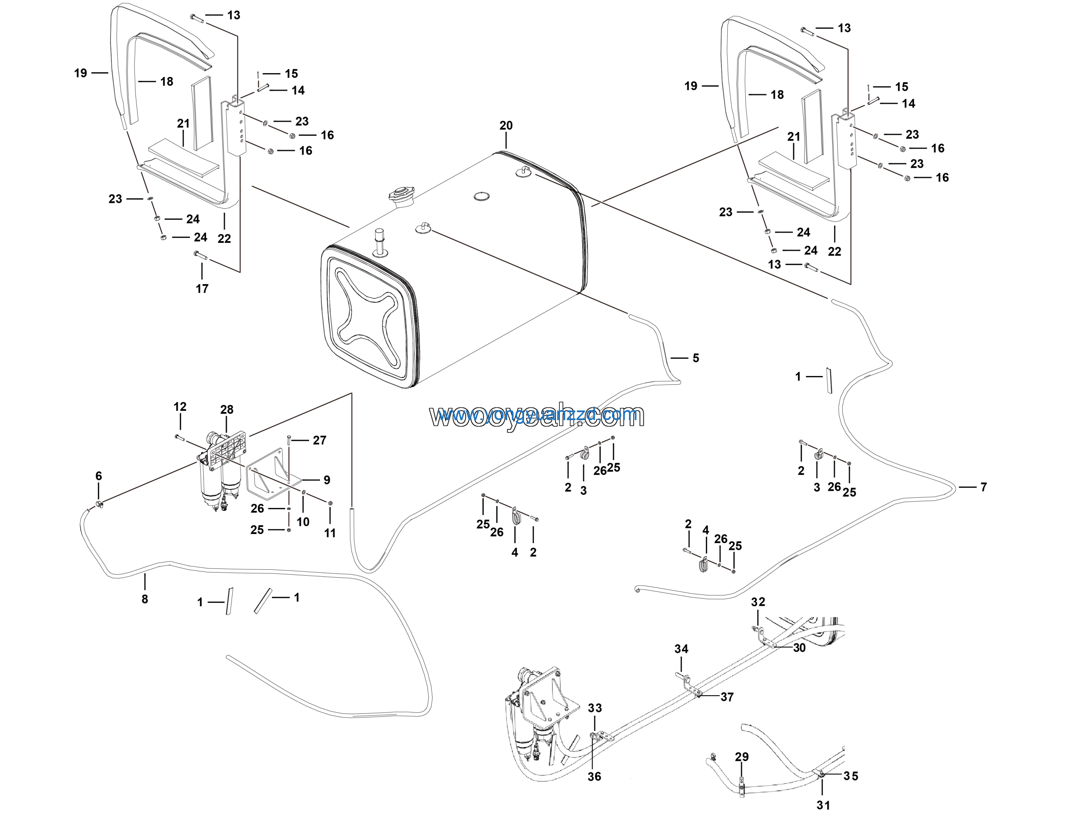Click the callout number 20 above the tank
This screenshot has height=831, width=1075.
click(506, 126)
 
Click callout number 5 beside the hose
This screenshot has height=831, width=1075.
click(695, 358)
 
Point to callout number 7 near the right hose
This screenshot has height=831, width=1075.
click(983, 487)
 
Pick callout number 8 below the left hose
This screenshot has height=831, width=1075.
click(145, 599)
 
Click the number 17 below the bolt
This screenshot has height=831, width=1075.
click(202, 289)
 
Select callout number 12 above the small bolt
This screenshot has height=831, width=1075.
click(180, 407)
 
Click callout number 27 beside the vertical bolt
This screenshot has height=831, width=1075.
click(320, 440)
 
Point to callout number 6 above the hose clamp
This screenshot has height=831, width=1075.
click(98, 476)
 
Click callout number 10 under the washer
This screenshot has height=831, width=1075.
click(303, 522)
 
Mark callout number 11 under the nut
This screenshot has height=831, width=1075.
click(330, 533)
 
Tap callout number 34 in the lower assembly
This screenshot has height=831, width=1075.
click(681, 649)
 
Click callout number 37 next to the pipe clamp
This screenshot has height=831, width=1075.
click(727, 697)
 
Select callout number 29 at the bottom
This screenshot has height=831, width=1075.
click(742, 757)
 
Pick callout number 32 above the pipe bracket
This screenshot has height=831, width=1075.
click(758, 602)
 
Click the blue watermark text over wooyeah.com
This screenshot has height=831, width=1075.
click(537, 415)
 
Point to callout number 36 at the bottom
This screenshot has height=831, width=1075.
click(594, 777)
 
